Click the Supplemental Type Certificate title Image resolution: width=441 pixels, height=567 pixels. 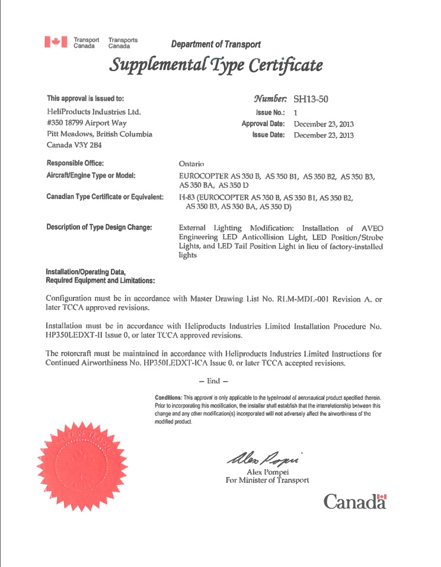pos(216,65)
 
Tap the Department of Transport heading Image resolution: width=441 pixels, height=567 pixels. pos(215,44)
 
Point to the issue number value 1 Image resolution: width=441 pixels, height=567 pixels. pos(296,112)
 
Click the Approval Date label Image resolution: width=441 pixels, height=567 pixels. pos(263,124)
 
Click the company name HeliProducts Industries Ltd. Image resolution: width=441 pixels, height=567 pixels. pos(93,111)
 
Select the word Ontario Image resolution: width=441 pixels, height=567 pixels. pos(191,164)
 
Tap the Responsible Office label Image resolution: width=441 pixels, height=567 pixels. pos(75,163)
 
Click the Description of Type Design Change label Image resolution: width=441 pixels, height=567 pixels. pos(99,228)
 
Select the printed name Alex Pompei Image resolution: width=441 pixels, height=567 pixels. pos(267,472)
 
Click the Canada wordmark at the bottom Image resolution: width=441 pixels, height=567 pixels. pos(354,502)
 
